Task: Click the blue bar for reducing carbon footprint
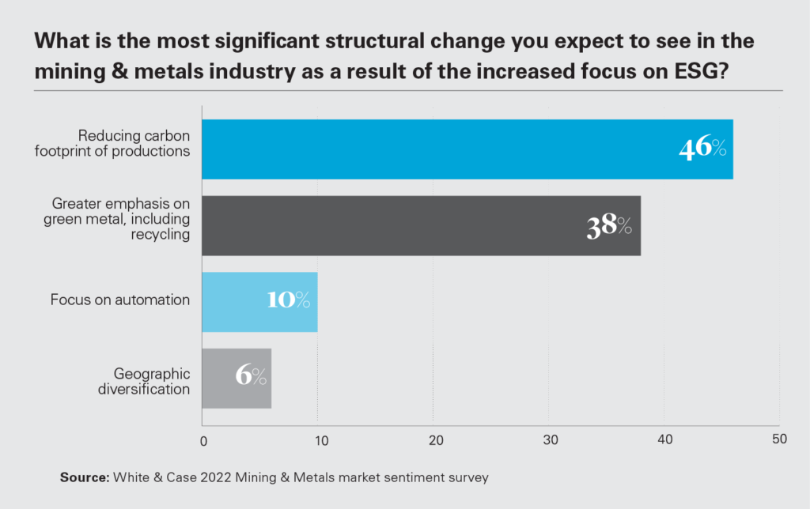tap(467, 149)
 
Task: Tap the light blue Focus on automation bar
tap(259, 301)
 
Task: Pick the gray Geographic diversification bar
tap(237, 378)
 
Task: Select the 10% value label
tap(286, 301)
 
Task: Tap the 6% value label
tap(251, 377)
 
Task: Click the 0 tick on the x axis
tap(203, 440)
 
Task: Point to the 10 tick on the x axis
tap(318, 440)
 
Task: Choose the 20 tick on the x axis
tap(433, 440)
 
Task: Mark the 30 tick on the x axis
tap(549, 440)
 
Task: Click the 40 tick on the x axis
tap(664, 440)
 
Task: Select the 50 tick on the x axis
tap(779, 439)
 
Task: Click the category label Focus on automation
tap(120, 300)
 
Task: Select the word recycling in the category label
tap(164, 236)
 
